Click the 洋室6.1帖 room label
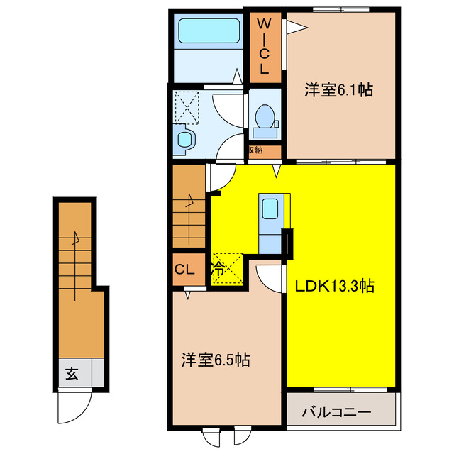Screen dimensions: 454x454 (340, 91)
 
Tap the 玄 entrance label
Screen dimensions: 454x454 (72, 372)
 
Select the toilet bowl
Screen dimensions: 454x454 (265, 117)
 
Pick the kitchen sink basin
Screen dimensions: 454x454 (270, 209)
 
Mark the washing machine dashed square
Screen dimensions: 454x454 (187, 107)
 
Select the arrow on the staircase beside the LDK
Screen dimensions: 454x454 (189, 202)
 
